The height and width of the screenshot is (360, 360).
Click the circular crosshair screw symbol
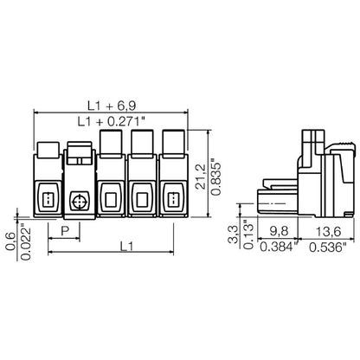[80, 200]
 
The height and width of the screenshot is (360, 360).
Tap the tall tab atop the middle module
[112, 142]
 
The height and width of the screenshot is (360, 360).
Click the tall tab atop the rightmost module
[172, 142]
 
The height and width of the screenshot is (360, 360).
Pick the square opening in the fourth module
[141, 200]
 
